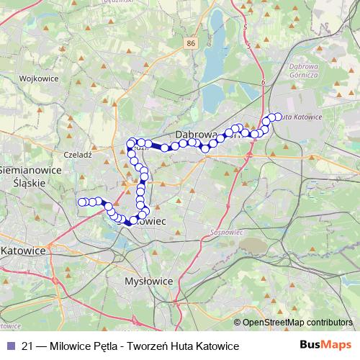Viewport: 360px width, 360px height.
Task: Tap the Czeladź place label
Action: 76,154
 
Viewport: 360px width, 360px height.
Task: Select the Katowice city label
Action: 23,251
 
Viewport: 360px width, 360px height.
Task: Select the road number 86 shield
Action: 190,44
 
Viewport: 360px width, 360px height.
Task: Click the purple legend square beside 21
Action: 9,346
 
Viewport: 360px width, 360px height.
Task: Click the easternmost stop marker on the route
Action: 279,116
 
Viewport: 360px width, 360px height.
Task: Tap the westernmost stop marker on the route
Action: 82,202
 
